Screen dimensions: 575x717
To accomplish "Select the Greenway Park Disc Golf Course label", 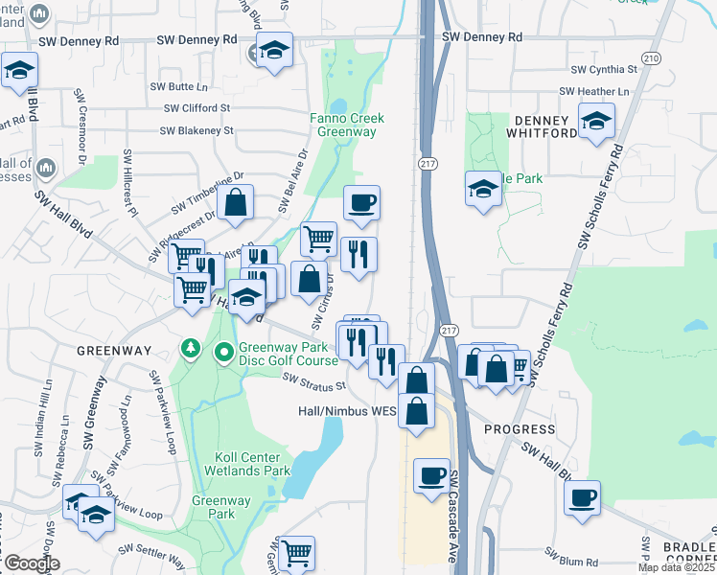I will tap(288, 355).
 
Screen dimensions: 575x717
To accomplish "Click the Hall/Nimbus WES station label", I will tap(346, 411).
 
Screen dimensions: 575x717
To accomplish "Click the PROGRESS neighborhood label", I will tap(520, 428).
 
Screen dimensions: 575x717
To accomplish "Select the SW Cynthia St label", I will tap(604, 70).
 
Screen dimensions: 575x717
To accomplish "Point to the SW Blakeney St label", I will tap(197, 130).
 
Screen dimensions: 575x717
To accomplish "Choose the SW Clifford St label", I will tap(197, 108).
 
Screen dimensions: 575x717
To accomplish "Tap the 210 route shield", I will tap(652, 58).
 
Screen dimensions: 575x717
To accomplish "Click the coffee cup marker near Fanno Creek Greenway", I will tap(361, 203).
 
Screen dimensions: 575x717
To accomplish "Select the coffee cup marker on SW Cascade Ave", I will tap(432, 475).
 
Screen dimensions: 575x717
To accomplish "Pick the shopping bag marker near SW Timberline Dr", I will tap(235, 202).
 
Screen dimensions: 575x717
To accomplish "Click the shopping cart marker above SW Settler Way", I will tap(296, 553).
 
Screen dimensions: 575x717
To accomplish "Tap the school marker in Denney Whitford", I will tap(596, 121).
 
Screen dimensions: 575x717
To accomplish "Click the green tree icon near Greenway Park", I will tap(192, 346).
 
